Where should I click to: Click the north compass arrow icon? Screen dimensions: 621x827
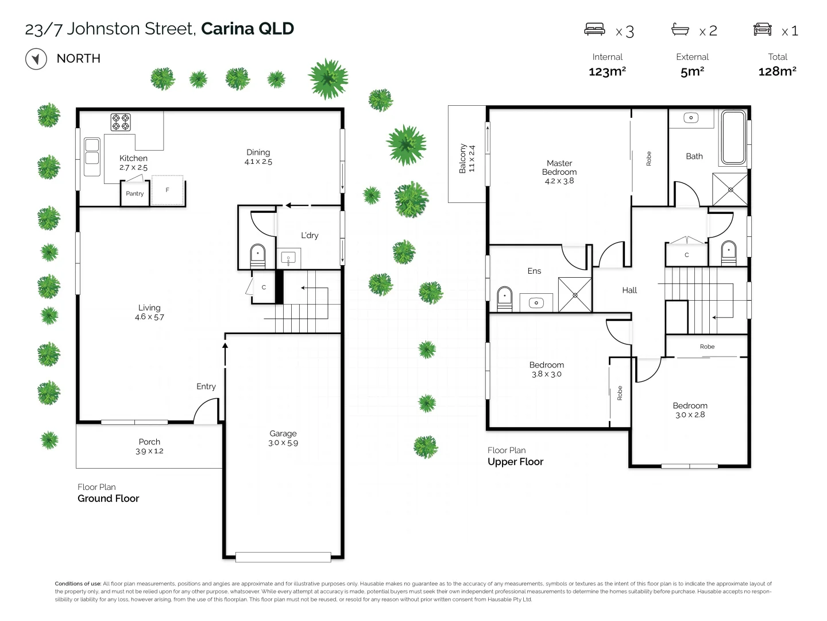pyautogui.click(x=36, y=59)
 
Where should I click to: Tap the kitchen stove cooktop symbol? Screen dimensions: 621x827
pyautogui.click(x=121, y=122)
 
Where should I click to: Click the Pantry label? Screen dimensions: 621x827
pyautogui.click(x=135, y=194)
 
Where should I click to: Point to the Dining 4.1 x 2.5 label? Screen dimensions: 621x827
pyautogui.click(x=258, y=157)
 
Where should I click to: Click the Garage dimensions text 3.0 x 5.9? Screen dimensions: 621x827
pyautogui.click(x=283, y=443)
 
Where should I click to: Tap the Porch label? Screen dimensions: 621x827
pyautogui.click(x=149, y=442)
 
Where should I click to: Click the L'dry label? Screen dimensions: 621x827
pyautogui.click(x=310, y=235)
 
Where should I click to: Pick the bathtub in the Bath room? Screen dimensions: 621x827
pyautogui.click(x=733, y=138)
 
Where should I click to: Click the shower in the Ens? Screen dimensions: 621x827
pyautogui.click(x=575, y=295)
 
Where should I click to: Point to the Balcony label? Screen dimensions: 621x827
pyautogui.click(x=462, y=158)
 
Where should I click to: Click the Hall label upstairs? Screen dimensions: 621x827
pyautogui.click(x=629, y=290)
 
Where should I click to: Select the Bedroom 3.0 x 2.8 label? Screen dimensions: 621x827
pyautogui.click(x=690, y=410)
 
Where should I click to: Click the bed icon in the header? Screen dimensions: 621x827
pyautogui.click(x=594, y=29)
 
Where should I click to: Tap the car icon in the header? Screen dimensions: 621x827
pyautogui.click(x=762, y=29)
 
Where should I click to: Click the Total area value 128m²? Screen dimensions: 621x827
pyautogui.click(x=777, y=71)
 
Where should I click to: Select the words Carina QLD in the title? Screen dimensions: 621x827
pyautogui.click(x=248, y=29)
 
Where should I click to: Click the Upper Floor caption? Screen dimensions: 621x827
pyautogui.click(x=515, y=462)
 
